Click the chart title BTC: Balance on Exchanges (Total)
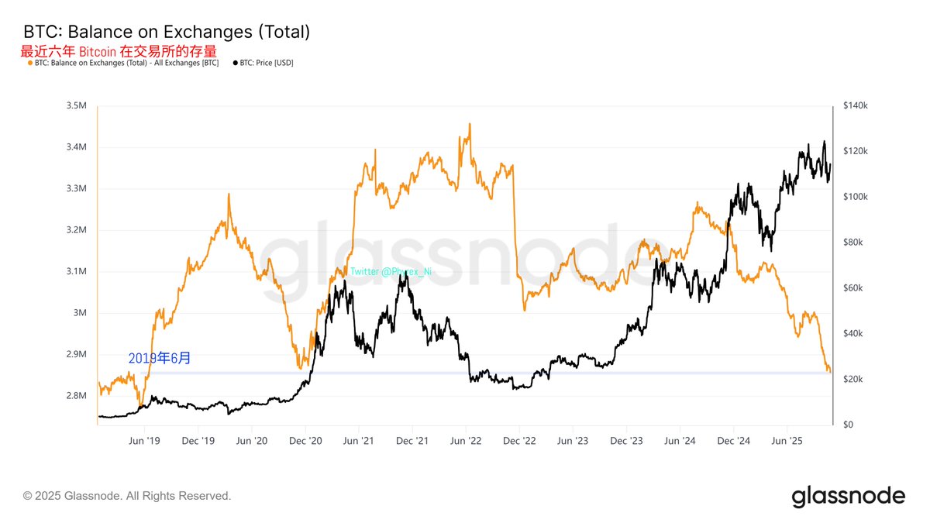pyautogui.click(x=167, y=32)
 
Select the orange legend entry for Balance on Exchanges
pyautogui.click(x=124, y=63)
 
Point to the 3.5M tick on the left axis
pyautogui.click(x=76, y=105)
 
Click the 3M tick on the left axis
pyautogui.click(x=80, y=313)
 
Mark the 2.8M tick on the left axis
pyautogui.click(x=76, y=396)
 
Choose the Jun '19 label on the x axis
pyautogui.click(x=144, y=441)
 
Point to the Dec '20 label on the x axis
pyautogui.click(x=305, y=441)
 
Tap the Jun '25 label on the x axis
pyautogui.click(x=787, y=441)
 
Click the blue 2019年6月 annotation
pyautogui.click(x=159, y=359)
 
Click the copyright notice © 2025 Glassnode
pyautogui.click(x=127, y=496)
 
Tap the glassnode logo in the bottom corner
pyautogui.click(x=848, y=496)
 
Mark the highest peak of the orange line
pyautogui.click(x=470, y=124)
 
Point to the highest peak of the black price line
pyautogui.click(x=823, y=142)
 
